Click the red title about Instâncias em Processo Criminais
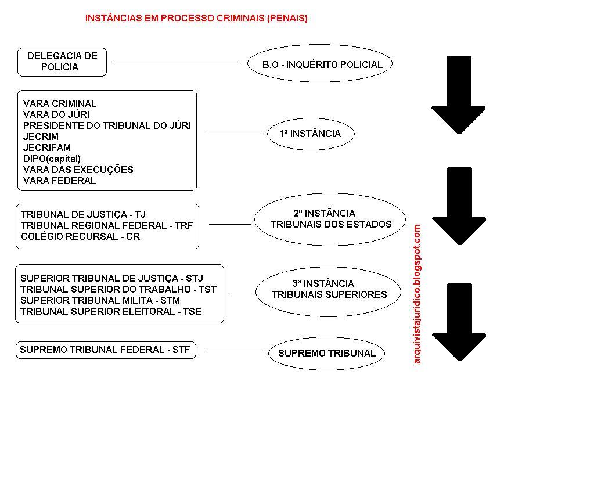(x=196, y=18)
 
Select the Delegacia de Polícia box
(x=62, y=62)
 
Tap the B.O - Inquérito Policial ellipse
(x=320, y=64)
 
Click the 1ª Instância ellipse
(x=311, y=134)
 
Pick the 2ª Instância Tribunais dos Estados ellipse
(x=329, y=219)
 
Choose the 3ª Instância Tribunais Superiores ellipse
(x=328, y=289)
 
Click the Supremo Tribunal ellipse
(x=326, y=353)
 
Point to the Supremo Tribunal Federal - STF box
(x=106, y=350)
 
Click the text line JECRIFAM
(x=47, y=147)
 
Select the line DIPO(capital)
(x=52, y=159)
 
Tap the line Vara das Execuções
(x=78, y=170)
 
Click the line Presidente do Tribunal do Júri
(x=107, y=125)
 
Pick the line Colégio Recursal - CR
(x=80, y=236)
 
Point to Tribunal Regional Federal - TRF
(x=107, y=225)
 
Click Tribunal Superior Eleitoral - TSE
(x=110, y=311)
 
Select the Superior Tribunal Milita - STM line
(x=100, y=300)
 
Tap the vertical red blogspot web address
(x=417, y=294)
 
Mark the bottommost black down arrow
(x=459, y=322)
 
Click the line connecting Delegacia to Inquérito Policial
(x=177, y=62)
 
